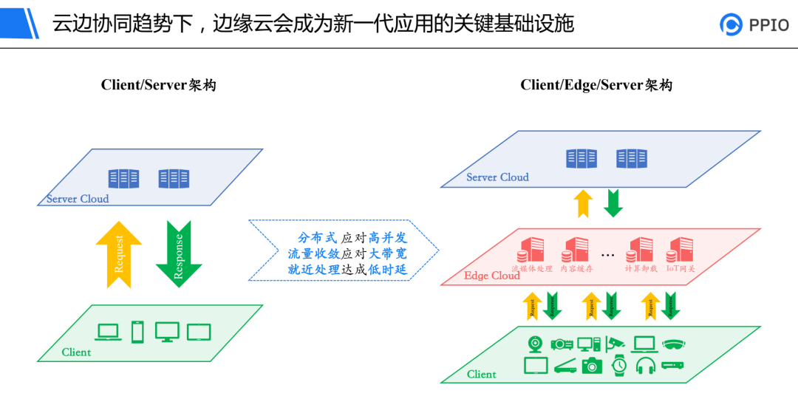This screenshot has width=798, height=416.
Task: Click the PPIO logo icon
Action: (731, 24)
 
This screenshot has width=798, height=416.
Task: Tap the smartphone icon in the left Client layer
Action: (137, 332)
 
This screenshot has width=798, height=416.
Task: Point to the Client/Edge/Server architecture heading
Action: (596, 85)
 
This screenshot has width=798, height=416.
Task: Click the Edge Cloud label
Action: (491, 276)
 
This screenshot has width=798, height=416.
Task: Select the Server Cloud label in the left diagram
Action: (78, 199)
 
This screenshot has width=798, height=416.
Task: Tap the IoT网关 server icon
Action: (680, 249)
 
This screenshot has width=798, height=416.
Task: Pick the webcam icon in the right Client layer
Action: (536, 344)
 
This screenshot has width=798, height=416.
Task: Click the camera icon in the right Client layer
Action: (592, 366)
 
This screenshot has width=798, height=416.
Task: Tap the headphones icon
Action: (646, 366)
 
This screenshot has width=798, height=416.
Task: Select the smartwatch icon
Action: (619, 366)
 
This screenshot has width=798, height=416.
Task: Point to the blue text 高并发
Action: (388, 238)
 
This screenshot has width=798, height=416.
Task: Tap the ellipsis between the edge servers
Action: (607, 255)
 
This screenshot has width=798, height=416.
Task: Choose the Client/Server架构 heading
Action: (158, 85)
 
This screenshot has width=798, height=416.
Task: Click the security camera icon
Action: (615, 344)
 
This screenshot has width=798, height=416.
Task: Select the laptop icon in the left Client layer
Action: (109, 333)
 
